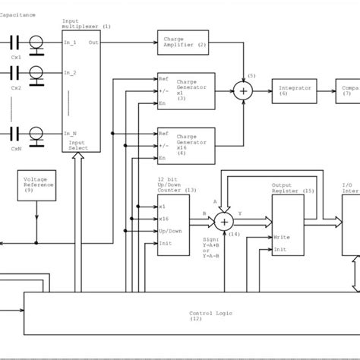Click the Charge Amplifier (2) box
click(x=185, y=42)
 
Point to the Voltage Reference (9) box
click(x=36, y=185)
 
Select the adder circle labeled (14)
click(x=223, y=221)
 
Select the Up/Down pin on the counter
click(x=171, y=230)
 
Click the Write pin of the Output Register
click(x=282, y=237)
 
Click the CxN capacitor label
click(x=16, y=150)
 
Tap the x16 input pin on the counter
click(x=165, y=218)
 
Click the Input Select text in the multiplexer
click(x=77, y=145)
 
